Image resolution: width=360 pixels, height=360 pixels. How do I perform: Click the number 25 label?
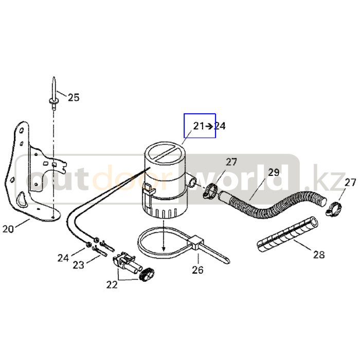tap(74, 97)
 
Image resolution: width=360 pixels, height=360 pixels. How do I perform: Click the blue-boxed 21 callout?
tap(199, 126)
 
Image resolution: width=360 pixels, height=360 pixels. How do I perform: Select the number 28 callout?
tap(319, 254)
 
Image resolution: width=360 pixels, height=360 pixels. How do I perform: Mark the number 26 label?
tap(197, 269)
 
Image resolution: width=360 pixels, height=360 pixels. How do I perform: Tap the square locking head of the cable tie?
tap(196, 241)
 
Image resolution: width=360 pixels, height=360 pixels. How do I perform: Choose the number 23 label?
tap(78, 265)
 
